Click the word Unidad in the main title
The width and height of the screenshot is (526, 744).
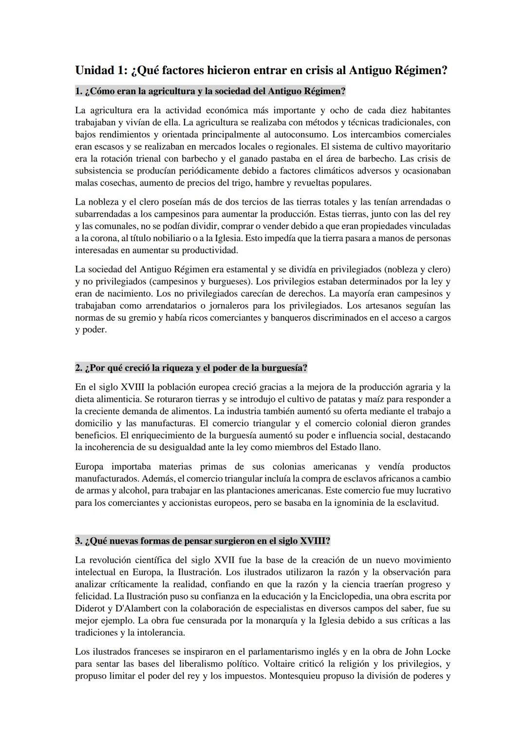(x=94, y=70)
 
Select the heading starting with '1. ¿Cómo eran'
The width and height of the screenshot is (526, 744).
(x=210, y=91)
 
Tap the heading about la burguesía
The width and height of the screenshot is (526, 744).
(x=191, y=368)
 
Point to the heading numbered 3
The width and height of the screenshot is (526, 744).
(x=203, y=541)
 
